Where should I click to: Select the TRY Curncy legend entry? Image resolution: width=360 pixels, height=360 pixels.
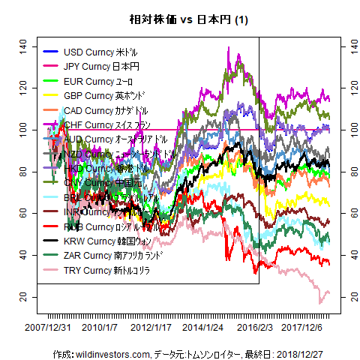(97, 270)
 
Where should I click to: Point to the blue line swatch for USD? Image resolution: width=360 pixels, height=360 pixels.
(50, 52)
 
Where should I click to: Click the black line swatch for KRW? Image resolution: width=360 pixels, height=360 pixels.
(50, 241)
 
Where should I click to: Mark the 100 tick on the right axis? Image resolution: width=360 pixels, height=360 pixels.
(348, 130)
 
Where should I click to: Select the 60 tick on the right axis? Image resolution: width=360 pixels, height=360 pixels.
(348, 214)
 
